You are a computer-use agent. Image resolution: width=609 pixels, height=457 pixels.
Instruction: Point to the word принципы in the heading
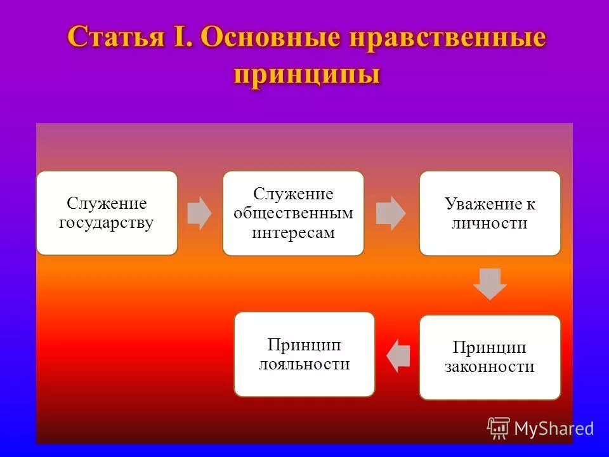pyautogui.click(x=307, y=74)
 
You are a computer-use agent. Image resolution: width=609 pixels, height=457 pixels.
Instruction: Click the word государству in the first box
pyautogui.click(x=107, y=223)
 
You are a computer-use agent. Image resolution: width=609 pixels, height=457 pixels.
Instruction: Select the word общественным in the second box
pyautogui.click(x=293, y=213)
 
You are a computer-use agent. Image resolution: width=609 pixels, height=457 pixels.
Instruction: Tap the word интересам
pyautogui.click(x=293, y=232)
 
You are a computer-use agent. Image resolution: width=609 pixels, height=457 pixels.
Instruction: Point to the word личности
pyautogui.click(x=489, y=223)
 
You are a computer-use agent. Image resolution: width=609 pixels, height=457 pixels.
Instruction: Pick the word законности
pyautogui.click(x=489, y=367)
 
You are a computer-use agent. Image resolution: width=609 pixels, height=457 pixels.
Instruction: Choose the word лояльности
pyautogui.click(x=304, y=364)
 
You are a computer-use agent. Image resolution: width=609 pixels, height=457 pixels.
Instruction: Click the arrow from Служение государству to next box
pyautogui.click(x=199, y=213)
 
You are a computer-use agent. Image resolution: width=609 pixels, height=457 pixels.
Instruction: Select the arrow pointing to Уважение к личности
pyautogui.click(x=391, y=213)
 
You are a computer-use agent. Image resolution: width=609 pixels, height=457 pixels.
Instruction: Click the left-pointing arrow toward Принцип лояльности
pyautogui.click(x=398, y=355)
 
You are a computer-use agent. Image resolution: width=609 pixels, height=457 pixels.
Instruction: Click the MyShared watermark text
pyautogui.click(x=554, y=428)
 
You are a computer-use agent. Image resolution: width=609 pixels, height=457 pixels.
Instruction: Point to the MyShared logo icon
pyautogui.click(x=499, y=428)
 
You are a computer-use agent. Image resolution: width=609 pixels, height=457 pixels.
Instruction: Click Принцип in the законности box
pyautogui.click(x=489, y=347)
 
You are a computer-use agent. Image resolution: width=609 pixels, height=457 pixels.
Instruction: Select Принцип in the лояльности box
pyautogui.click(x=304, y=345)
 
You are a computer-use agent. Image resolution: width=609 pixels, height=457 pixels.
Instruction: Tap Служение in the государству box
pyautogui.click(x=107, y=204)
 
